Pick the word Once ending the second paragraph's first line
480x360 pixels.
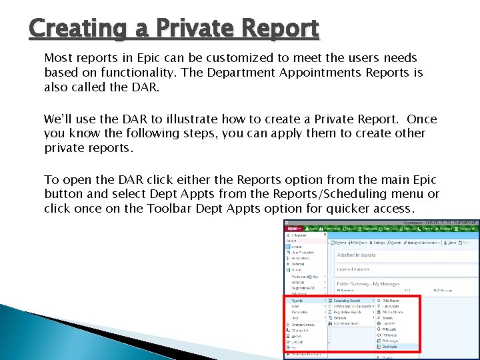[421, 119]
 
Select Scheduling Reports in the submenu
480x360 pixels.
[347, 300]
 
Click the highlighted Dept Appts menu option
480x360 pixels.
[391, 347]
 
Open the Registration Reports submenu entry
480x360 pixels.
[348, 311]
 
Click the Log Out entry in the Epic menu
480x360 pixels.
[298, 341]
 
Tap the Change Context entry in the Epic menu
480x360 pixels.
[303, 324]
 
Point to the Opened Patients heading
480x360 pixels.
[354, 269]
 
